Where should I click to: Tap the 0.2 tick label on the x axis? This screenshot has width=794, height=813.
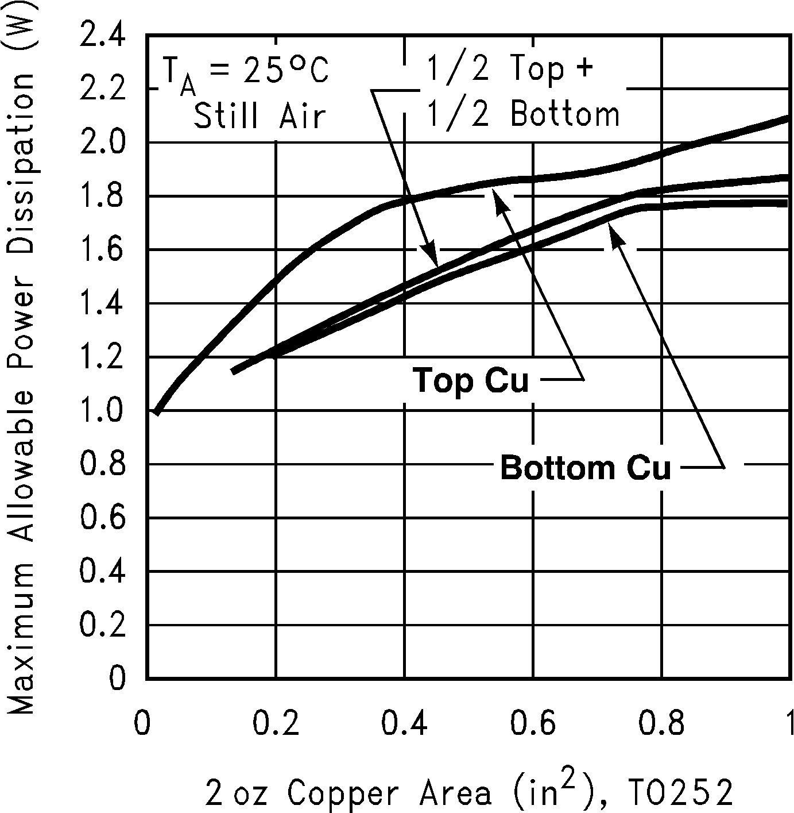[276, 723]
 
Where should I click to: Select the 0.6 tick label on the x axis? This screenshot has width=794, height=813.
[533, 723]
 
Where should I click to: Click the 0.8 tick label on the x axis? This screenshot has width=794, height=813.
[662, 723]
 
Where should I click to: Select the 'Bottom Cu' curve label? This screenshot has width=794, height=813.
[586, 467]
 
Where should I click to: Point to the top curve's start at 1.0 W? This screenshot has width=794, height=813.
[156, 411]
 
